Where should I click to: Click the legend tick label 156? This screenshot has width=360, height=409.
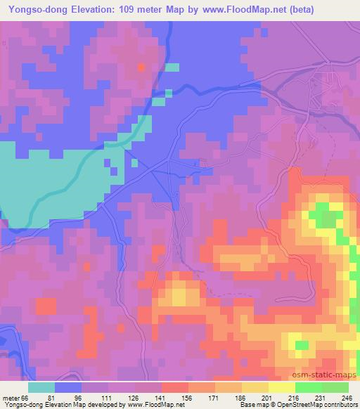[x=187, y=398]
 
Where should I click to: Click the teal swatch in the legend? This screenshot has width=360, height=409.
[x=41, y=387]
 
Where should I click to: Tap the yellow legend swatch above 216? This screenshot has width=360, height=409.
[x=282, y=387]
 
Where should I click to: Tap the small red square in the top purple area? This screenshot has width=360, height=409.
[x=141, y=67]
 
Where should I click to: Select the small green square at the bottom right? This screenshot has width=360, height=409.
[x=301, y=345]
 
